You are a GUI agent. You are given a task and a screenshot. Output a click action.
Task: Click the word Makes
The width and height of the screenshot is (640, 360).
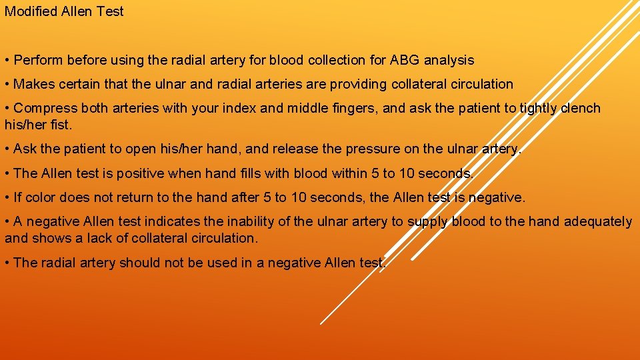coord(33,84)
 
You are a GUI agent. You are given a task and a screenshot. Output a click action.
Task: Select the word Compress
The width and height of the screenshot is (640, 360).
coord(43,108)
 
